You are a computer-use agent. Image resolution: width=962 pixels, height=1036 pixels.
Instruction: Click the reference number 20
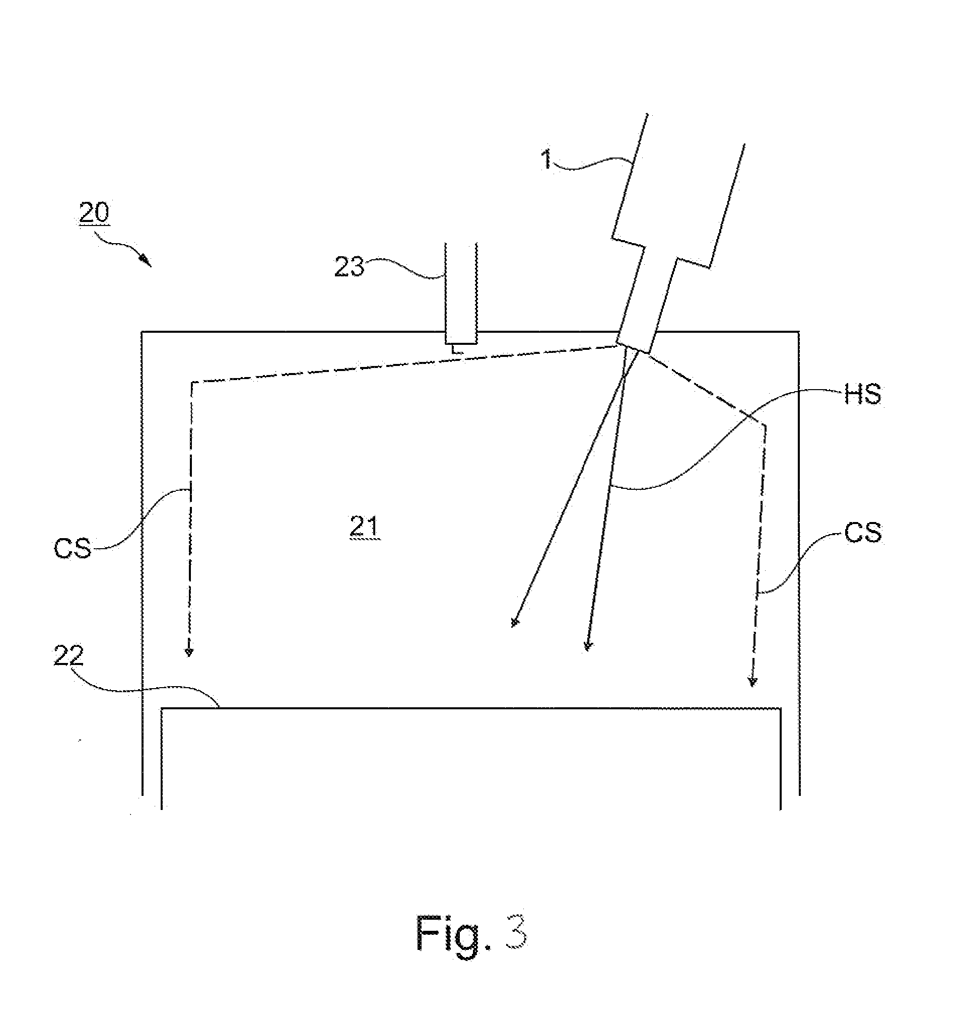click(94, 213)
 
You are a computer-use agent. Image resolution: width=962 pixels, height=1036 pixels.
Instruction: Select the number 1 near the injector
click(546, 159)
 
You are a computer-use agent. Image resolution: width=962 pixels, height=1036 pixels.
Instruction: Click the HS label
click(863, 395)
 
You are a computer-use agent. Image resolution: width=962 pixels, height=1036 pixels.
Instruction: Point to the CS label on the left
click(73, 548)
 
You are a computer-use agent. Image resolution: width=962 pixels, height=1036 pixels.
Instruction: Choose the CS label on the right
click(863, 533)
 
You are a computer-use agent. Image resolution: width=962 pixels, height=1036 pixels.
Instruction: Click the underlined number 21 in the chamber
click(364, 528)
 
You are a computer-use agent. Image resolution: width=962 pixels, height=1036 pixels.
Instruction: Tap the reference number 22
click(68, 656)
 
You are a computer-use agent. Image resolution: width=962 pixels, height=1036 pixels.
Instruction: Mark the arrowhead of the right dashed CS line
click(751, 681)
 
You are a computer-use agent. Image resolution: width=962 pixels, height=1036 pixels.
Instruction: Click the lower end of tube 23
click(461, 343)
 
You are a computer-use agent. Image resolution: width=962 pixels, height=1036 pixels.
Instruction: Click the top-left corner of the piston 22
click(161, 708)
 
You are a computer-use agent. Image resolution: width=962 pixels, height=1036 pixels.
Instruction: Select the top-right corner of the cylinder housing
click(798, 331)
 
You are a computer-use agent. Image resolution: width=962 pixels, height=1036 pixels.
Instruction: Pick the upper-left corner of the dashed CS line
click(192, 383)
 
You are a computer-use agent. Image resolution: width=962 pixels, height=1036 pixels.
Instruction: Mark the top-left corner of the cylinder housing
click(142, 331)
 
